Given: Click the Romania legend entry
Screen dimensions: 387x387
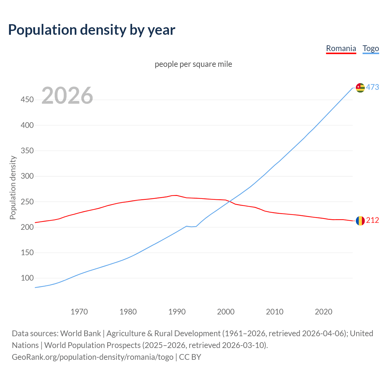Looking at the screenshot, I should coord(341,48).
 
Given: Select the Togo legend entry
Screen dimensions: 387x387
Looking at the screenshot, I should coord(371,48).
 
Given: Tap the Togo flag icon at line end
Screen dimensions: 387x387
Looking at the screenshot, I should coord(360,88).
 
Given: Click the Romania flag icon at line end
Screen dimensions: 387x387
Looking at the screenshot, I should coord(360,221).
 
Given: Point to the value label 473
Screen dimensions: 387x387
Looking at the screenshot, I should coord(372,87).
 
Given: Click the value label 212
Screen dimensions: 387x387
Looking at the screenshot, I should coord(372,220).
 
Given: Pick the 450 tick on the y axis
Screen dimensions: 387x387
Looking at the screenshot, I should coord(27,99).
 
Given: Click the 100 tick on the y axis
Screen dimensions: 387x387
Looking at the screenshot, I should coord(27,278).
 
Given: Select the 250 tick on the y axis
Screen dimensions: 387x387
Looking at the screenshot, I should coord(27,201).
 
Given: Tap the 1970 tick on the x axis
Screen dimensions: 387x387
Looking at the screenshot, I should coord(79,312).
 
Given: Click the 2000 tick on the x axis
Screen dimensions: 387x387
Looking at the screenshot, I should coord(226,312).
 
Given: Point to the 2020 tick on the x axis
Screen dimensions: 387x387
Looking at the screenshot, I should coord(324,312).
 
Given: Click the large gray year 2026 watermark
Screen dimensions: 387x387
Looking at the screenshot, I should coord(67,96).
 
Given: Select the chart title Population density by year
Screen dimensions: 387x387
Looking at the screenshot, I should coord(92,30).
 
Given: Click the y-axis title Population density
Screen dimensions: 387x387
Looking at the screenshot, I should coord(13,187).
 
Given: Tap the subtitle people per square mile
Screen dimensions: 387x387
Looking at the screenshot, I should coord(193,64).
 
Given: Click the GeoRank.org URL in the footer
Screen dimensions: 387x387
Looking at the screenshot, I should coord(93,357).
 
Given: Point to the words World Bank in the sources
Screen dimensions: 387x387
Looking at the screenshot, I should coord(80,333).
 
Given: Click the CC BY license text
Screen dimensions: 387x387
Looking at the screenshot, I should coord(190,357).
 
